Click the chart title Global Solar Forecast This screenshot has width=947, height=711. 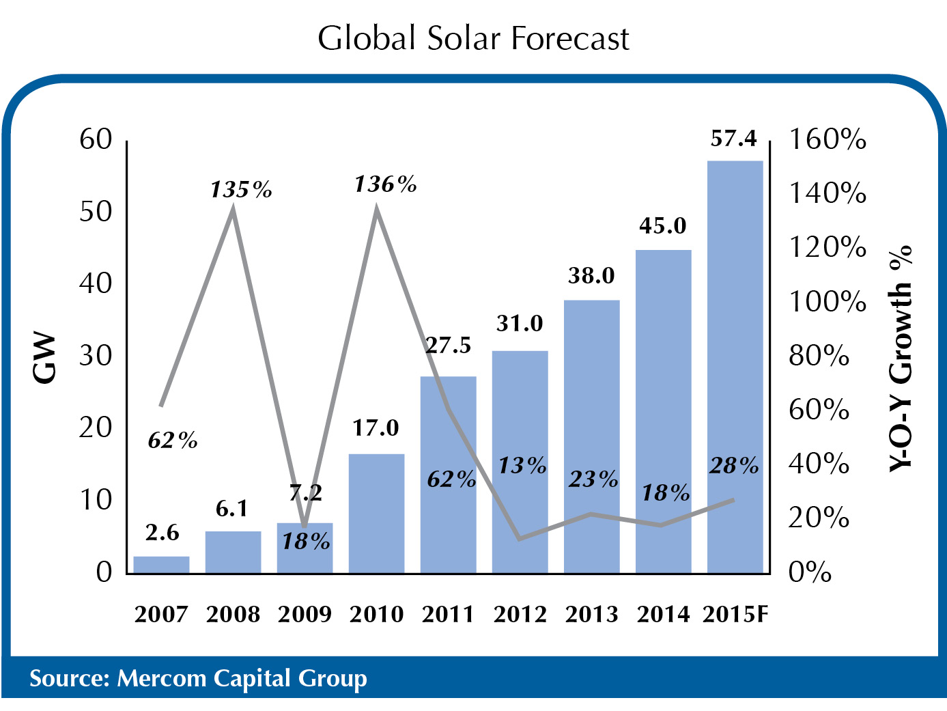(x=473, y=38)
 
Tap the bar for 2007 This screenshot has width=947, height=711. (x=161, y=565)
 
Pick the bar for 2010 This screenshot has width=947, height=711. (x=376, y=513)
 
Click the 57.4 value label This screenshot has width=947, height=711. (x=734, y=139)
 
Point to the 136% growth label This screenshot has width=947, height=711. (x=385, y=184)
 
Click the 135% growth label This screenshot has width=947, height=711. (x=240, y=189)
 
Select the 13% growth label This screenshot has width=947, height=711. (x=522, y=466)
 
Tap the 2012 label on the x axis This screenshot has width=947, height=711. (x=520, y=614)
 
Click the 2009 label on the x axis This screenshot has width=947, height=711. (x=305, y=614)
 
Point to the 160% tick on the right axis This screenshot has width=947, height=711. (x=828, y=139)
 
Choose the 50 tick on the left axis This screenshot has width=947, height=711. (x=96, y=212)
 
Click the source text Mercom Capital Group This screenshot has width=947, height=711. (x=198, y=678)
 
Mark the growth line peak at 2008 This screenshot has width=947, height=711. (x=234, y=208)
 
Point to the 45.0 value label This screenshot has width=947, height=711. (x=663, y=226)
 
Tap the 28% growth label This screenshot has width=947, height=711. (x=734, y=466)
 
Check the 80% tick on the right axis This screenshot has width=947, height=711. (x=819, y=356)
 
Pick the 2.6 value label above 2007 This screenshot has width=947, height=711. (x=162, y=533)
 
